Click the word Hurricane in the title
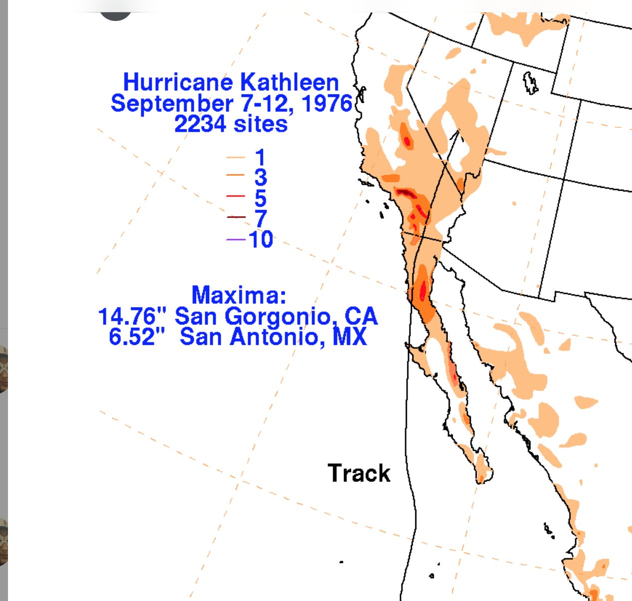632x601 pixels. tap(177, 82)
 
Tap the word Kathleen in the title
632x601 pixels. tap(290, 82)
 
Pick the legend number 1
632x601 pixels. tap(260, 158)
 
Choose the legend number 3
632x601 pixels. tap(260, 178)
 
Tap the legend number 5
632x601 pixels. tap(260, 198)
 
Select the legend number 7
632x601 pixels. tap(260, 219)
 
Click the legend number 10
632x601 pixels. tap(261, 240)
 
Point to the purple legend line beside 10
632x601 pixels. tap(236, 240)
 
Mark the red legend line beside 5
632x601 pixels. tap(236, 196)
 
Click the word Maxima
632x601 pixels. tap(239, 295)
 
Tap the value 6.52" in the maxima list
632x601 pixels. tap(136, 337)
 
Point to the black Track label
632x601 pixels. tap(358, 473)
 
